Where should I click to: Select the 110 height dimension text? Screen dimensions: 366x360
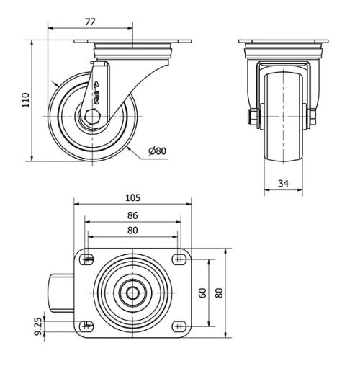click(x=24, y=99)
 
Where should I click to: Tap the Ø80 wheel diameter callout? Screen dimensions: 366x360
click(x=157, y=151)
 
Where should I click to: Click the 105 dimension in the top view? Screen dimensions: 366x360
click(x=132, y=197)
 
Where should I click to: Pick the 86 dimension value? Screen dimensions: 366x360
click(x=132, y=215)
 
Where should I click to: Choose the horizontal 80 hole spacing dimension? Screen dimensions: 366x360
click(x=132, y=231)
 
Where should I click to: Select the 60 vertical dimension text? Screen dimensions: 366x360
click(x=203, y=292)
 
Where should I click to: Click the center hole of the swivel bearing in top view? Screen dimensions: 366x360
click(x=133, y=293)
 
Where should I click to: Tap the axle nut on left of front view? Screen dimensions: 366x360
click(x=253, y=117)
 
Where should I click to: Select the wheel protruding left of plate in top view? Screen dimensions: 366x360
click(x=61, y=293)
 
